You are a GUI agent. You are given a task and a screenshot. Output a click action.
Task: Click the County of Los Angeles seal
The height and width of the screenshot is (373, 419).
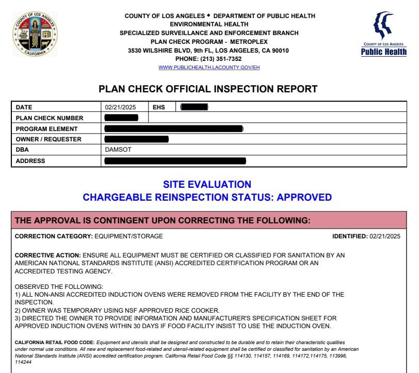pyautogui.click(x=35, y=34)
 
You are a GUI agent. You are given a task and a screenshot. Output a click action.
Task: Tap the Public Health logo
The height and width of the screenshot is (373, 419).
pyautogui.click(x=383, y=34)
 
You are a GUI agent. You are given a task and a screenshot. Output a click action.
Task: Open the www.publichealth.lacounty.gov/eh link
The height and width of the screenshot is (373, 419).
pyautogui.click(x=208, y=68)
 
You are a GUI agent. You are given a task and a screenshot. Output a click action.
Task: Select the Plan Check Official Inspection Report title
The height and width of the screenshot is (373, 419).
pyautogui.click(x=208, y=89)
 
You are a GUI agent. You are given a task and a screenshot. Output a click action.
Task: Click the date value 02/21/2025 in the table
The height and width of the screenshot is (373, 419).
pyautogui.click(x=120, y=107)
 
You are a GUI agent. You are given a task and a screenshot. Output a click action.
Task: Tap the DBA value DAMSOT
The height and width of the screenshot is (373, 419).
pyautogui.click(x=118, y=150)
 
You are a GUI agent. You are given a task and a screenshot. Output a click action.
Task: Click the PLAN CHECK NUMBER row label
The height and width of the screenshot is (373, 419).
pyautogui.click(x=50, y=118)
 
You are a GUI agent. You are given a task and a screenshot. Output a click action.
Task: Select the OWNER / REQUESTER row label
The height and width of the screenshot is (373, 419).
pyautogui.click(x=49, y=139)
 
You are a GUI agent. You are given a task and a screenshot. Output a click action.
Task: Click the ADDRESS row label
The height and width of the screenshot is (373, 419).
pyautogui.click(x=30, y=161)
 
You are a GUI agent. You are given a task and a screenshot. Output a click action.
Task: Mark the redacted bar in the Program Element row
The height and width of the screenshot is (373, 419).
pyautogui.click(x=173, y=128)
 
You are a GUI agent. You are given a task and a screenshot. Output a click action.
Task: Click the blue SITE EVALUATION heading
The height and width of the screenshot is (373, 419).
pyautogui.click(x=207, y=185)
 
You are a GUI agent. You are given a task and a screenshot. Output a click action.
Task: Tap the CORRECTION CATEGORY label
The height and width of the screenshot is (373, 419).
pyautogui.click(x=54, y=236)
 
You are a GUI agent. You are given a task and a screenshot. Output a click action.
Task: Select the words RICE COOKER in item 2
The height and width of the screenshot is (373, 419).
pyautogui.click(x=199, y=310)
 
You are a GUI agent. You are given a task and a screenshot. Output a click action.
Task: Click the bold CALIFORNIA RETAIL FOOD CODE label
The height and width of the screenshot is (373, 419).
pyautogui.click(x=55, y=342)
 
